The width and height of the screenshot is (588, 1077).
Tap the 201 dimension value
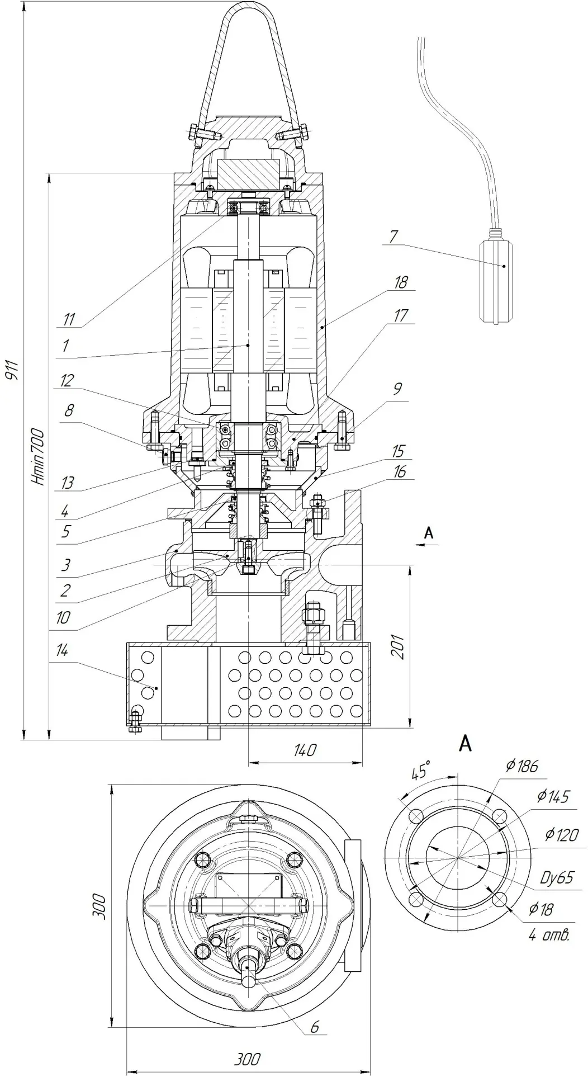click(x=399, y=646)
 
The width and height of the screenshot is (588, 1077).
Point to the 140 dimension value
click(x=304, y=750)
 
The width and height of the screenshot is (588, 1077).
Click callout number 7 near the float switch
click(x=393, y=237)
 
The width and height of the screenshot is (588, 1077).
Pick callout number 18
click(x=401, y=282)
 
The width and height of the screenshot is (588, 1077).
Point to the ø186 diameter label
click(x=522, y=766)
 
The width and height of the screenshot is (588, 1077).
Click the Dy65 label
click(x=556, y=877)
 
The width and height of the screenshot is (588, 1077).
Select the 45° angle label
click(x=420, y=773)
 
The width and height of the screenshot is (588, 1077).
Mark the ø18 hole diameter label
click(x=541, y=909)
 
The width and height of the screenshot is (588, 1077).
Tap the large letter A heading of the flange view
click(x=466, y=744)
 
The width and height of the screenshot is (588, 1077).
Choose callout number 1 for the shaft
click(x=66, y=346)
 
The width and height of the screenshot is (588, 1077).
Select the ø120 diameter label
click(x=562, y=835)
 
